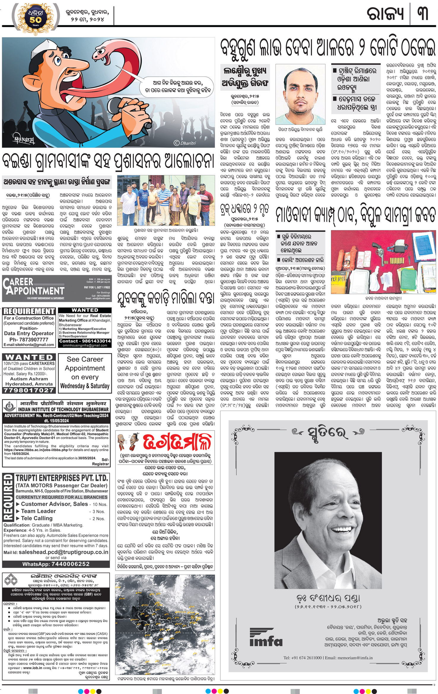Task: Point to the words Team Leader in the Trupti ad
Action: (x=39, y=511)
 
